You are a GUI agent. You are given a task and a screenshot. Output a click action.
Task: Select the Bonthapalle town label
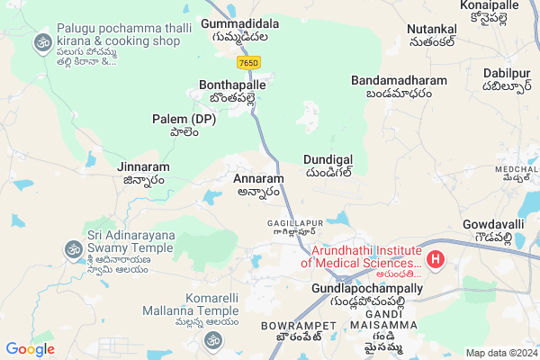click(x=233, y=85)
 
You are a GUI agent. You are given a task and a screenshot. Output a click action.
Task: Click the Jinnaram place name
click(x=142, y=166)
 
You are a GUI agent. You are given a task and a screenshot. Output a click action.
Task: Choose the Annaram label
click(x=258, y=178)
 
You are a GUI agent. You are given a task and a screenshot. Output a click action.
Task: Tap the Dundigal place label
click(x=328, y=157)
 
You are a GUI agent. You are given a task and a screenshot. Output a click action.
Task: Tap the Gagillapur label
click(x=294, y=221)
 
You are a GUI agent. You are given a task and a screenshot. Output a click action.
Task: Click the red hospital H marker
click(x=436, y=260)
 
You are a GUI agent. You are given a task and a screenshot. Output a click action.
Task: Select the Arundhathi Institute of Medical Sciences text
click(x=360, y=255)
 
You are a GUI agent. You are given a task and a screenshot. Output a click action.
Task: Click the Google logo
click(x=30, y=348)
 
